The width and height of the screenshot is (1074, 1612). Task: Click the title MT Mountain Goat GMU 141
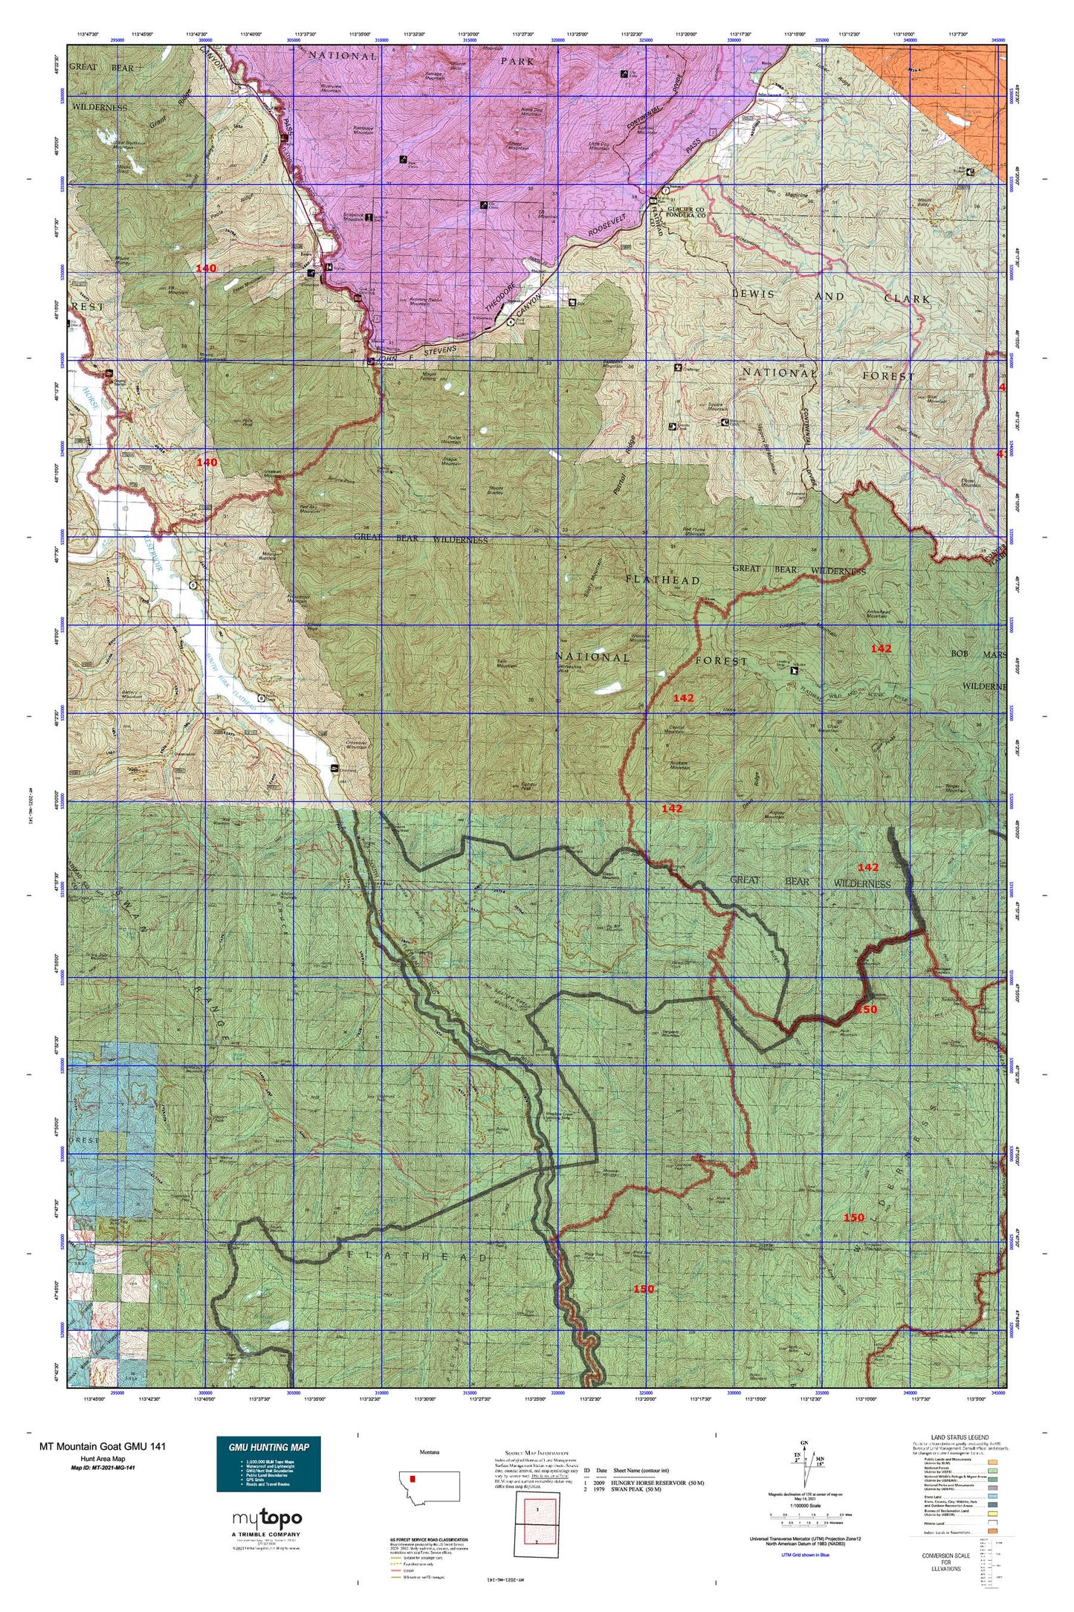coord(103,1446)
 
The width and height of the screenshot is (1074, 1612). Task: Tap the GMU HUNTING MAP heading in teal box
coord(268,1447)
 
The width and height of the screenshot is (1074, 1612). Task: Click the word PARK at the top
coord(517,62)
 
